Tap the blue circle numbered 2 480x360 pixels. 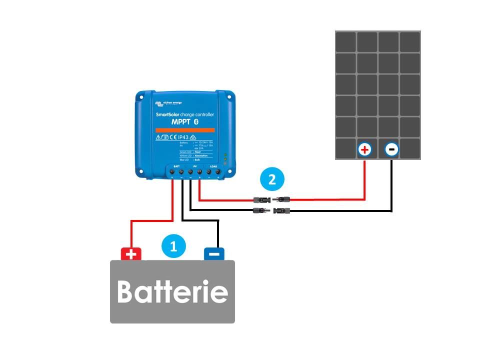(272, 179)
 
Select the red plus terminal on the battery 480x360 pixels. (131, 254)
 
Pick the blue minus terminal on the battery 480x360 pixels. (214, 254)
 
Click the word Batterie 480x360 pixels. (172, 291)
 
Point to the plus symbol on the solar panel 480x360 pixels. (364, 149)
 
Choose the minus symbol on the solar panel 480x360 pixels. (391, 149)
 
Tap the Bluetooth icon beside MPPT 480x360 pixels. (196, 122)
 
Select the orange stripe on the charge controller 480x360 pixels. (185, 129)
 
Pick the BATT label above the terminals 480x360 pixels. (176, 166)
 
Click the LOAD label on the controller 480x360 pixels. (213, 166)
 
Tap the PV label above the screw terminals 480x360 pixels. (195, 166)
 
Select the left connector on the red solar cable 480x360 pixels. (263, 200)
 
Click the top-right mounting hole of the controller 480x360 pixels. (229, 94)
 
